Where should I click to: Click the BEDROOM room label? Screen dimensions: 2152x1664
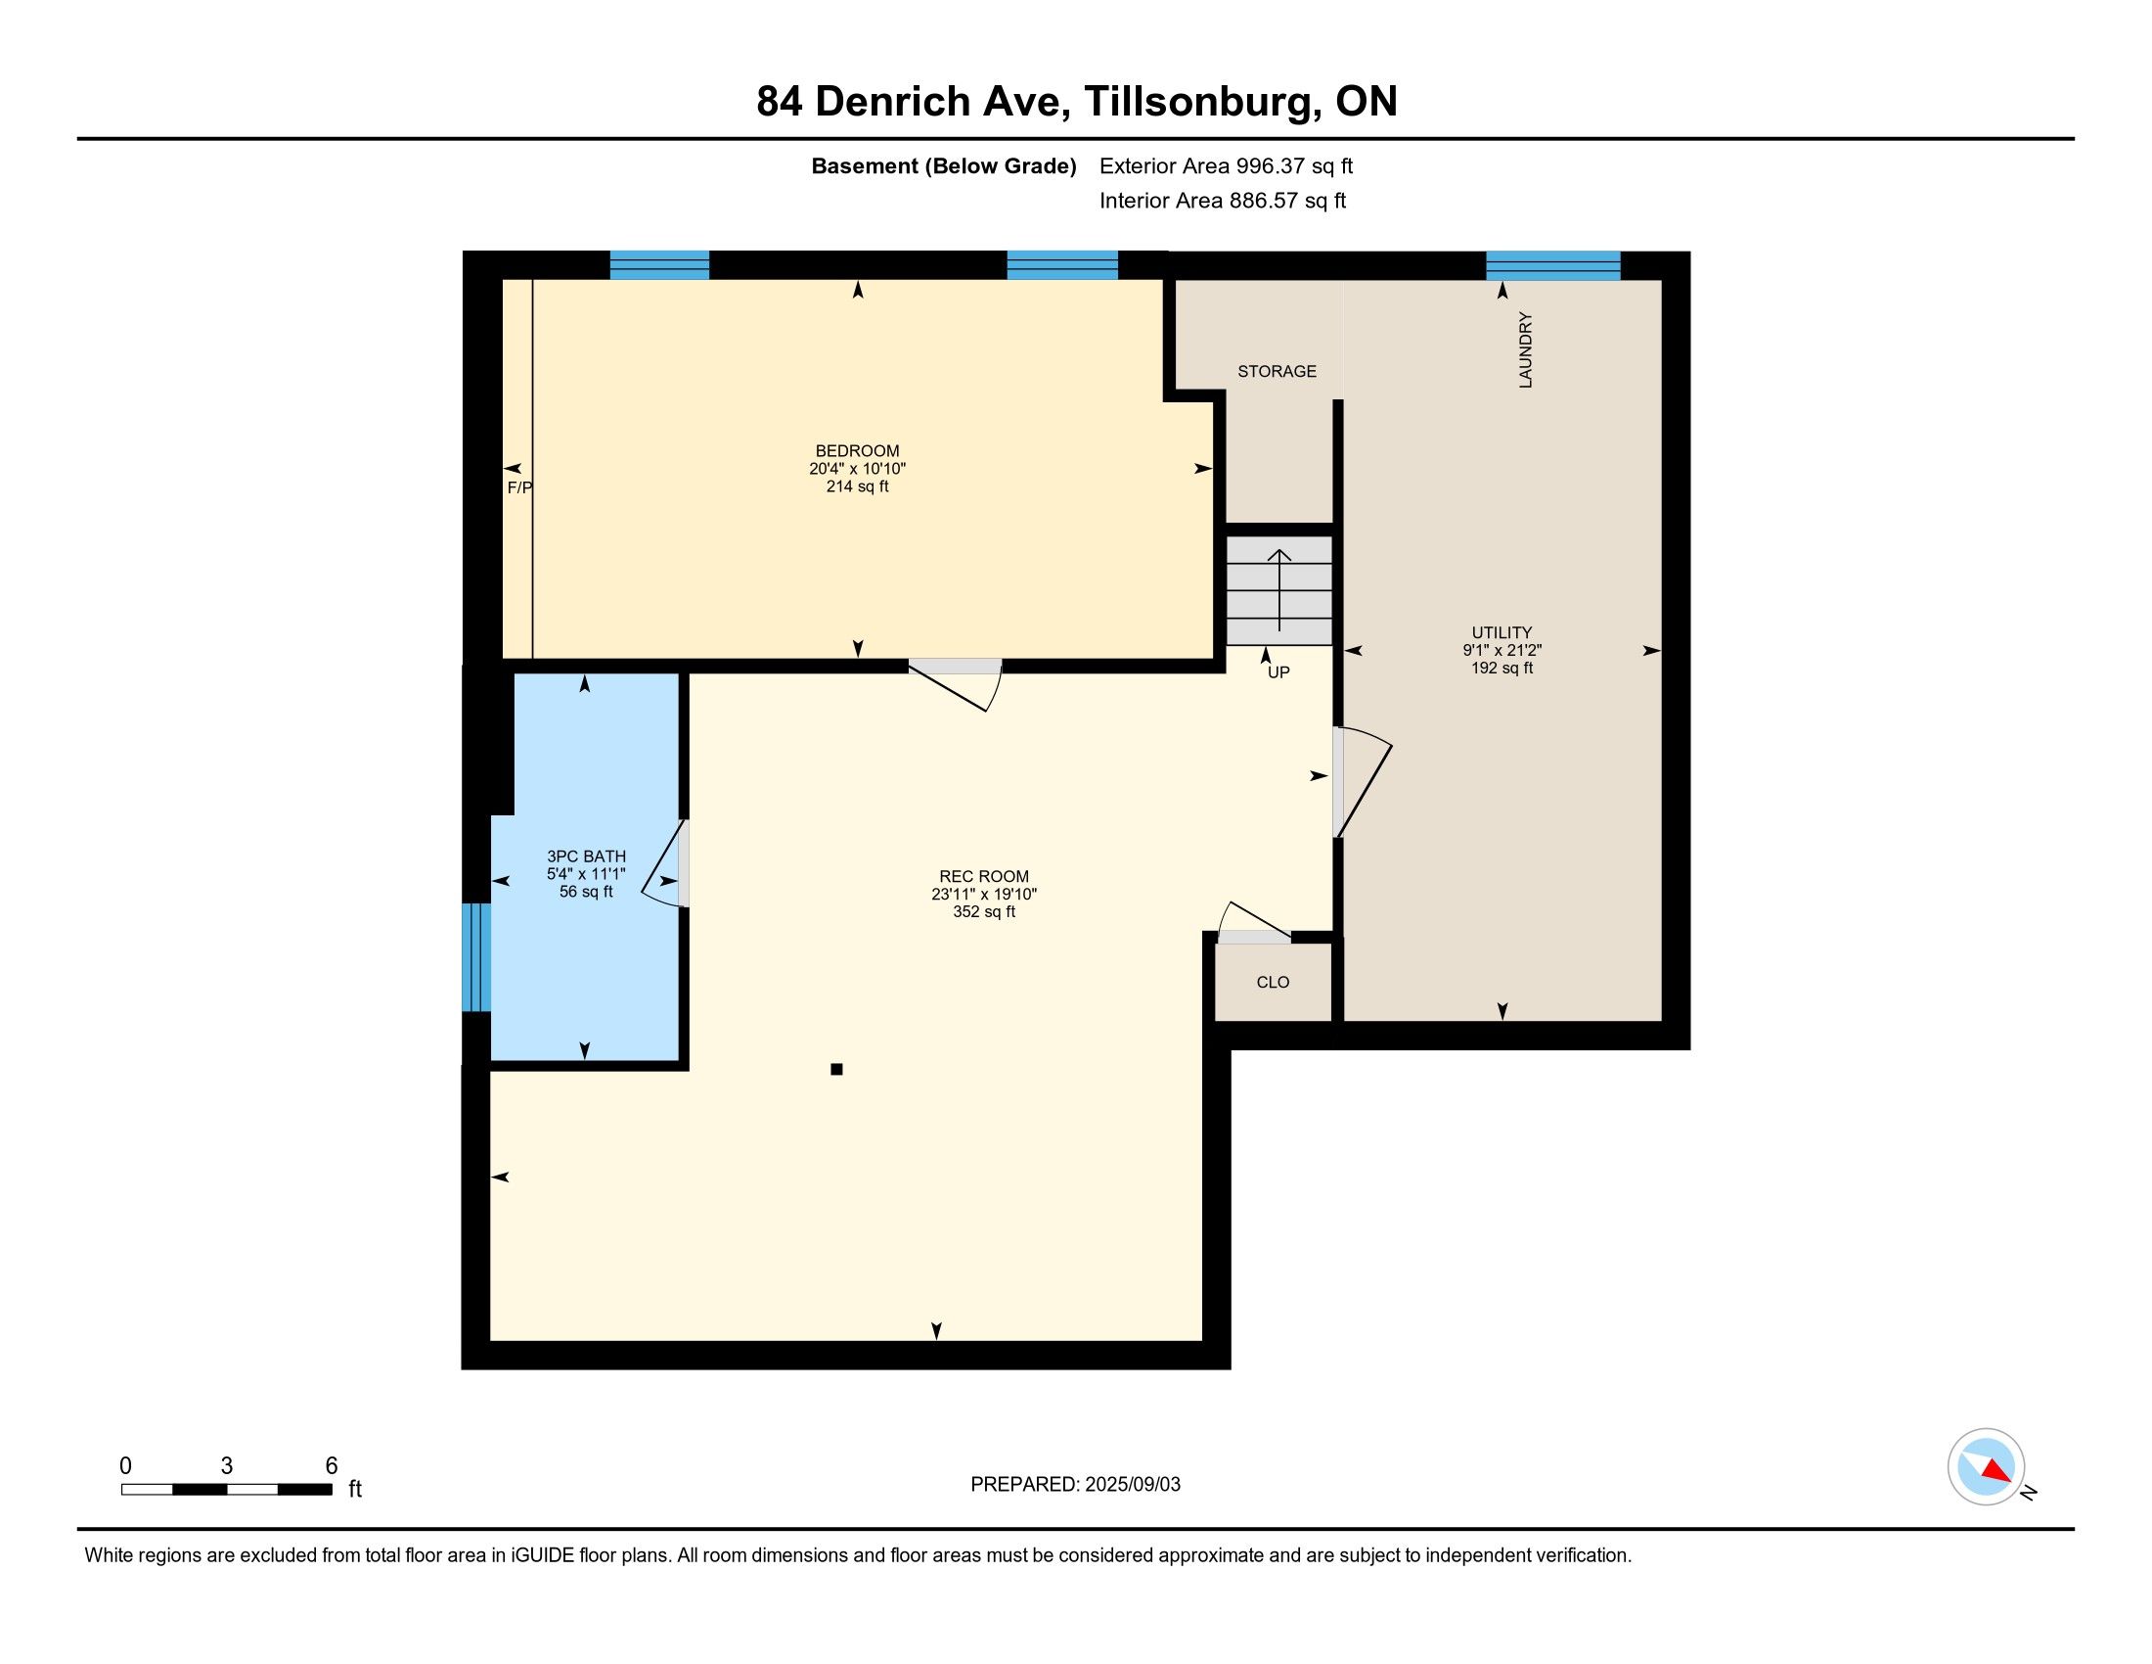click(857, 451)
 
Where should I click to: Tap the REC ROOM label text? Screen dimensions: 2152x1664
click(983, 876)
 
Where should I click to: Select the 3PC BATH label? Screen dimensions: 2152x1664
click(586, 856)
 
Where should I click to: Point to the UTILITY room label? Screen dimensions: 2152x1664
click(1502, 633)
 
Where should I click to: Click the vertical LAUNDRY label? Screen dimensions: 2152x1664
click(1525, 350)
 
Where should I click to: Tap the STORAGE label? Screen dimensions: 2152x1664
click(1277, 372)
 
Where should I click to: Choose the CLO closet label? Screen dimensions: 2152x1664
click(1273, 983)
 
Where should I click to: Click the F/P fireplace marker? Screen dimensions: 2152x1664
click(519, 488)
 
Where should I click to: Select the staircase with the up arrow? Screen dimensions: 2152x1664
click(1279, 590)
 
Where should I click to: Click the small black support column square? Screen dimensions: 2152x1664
click(836, 1070)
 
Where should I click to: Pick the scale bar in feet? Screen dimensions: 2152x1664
click(227, 1489)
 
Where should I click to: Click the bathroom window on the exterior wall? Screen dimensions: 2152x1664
click(476, 957)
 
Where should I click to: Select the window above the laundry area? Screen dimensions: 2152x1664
click(1553, 266)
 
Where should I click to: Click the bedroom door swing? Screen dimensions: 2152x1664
click(956, 684)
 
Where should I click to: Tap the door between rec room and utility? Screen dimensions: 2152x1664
click(1363, 783)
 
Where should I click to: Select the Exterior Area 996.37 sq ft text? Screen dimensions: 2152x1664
click(1226, 165)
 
